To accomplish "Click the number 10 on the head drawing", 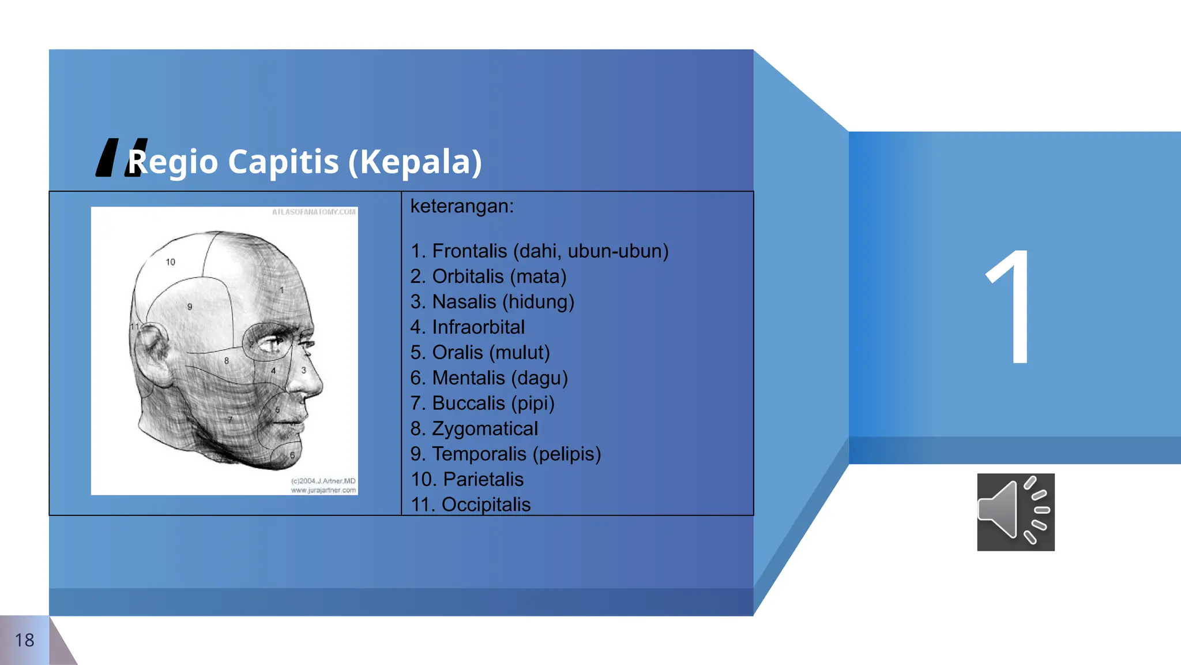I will [170, 262].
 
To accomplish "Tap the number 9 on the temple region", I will [190, 307].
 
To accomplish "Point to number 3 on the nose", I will [304, 370].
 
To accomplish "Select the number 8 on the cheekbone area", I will [227, 361].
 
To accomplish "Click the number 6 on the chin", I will [292, 455].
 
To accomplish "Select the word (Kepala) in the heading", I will [415, 162].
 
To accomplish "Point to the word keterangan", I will [462, 206].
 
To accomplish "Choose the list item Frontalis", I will [469, 251].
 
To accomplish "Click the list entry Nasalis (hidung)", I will [503, 302].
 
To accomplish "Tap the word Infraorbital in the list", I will [478, 327].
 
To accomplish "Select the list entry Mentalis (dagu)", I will [499, 378].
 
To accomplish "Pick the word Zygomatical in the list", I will [484, 429].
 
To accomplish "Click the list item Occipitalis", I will [486, 505].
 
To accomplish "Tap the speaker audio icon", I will [1015, 512].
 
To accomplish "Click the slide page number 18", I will [24, 640].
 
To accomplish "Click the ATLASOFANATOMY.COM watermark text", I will [314, 212].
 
